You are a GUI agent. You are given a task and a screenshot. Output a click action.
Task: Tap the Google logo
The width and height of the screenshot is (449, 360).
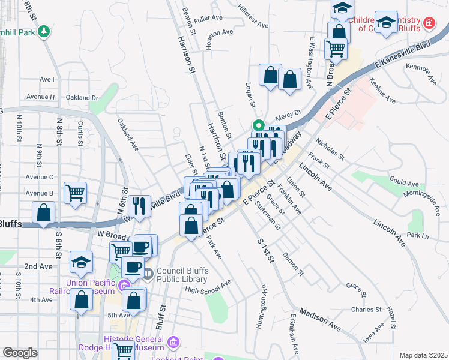pos(20,353)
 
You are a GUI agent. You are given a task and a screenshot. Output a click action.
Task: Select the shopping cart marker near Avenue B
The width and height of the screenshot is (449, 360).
pos(76,193)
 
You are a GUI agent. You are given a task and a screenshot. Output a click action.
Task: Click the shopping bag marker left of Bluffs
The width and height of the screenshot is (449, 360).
pos(44,212)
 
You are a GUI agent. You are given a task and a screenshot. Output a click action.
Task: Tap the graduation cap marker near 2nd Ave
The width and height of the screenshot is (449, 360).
pos(82,262)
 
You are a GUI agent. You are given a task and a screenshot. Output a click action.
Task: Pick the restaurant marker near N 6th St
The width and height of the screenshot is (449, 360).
pos(139,206)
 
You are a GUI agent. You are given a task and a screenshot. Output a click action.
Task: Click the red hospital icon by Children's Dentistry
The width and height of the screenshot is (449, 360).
pos(429,23)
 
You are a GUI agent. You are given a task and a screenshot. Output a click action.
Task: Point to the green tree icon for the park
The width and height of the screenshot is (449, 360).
pos(43,31)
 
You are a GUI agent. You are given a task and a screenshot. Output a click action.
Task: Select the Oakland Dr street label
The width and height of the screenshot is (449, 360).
pos(82,97)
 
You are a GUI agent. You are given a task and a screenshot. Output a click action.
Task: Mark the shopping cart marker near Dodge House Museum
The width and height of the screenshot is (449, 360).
pos(123,350)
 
